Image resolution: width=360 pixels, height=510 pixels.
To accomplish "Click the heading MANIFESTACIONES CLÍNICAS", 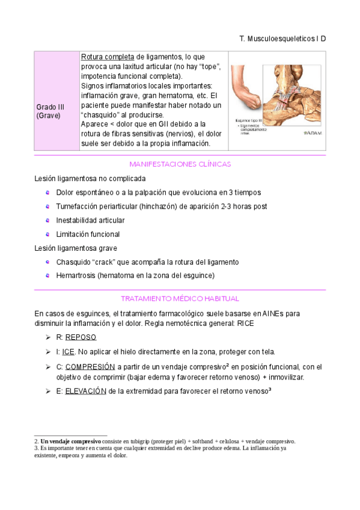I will pos(180,164).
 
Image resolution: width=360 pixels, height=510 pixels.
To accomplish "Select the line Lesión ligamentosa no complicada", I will pos(90,178).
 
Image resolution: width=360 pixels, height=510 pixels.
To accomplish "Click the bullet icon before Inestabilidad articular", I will pos(47,220).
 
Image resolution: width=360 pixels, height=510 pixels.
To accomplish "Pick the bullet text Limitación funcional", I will pos(88,234).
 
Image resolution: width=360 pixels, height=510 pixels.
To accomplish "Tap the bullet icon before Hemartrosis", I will pos(47,275).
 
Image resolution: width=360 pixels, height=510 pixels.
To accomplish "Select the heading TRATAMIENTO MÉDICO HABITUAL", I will pos(180,298).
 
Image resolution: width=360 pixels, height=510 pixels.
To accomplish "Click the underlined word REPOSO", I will pos(81,337).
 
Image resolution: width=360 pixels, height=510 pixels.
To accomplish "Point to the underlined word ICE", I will pos(68,351).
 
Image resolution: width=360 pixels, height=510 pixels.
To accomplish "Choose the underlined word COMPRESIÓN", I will pos(90,366).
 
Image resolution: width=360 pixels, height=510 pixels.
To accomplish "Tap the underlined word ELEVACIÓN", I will pos(85,391).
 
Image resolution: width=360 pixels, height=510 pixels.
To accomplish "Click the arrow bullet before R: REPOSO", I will pos(47,337).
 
